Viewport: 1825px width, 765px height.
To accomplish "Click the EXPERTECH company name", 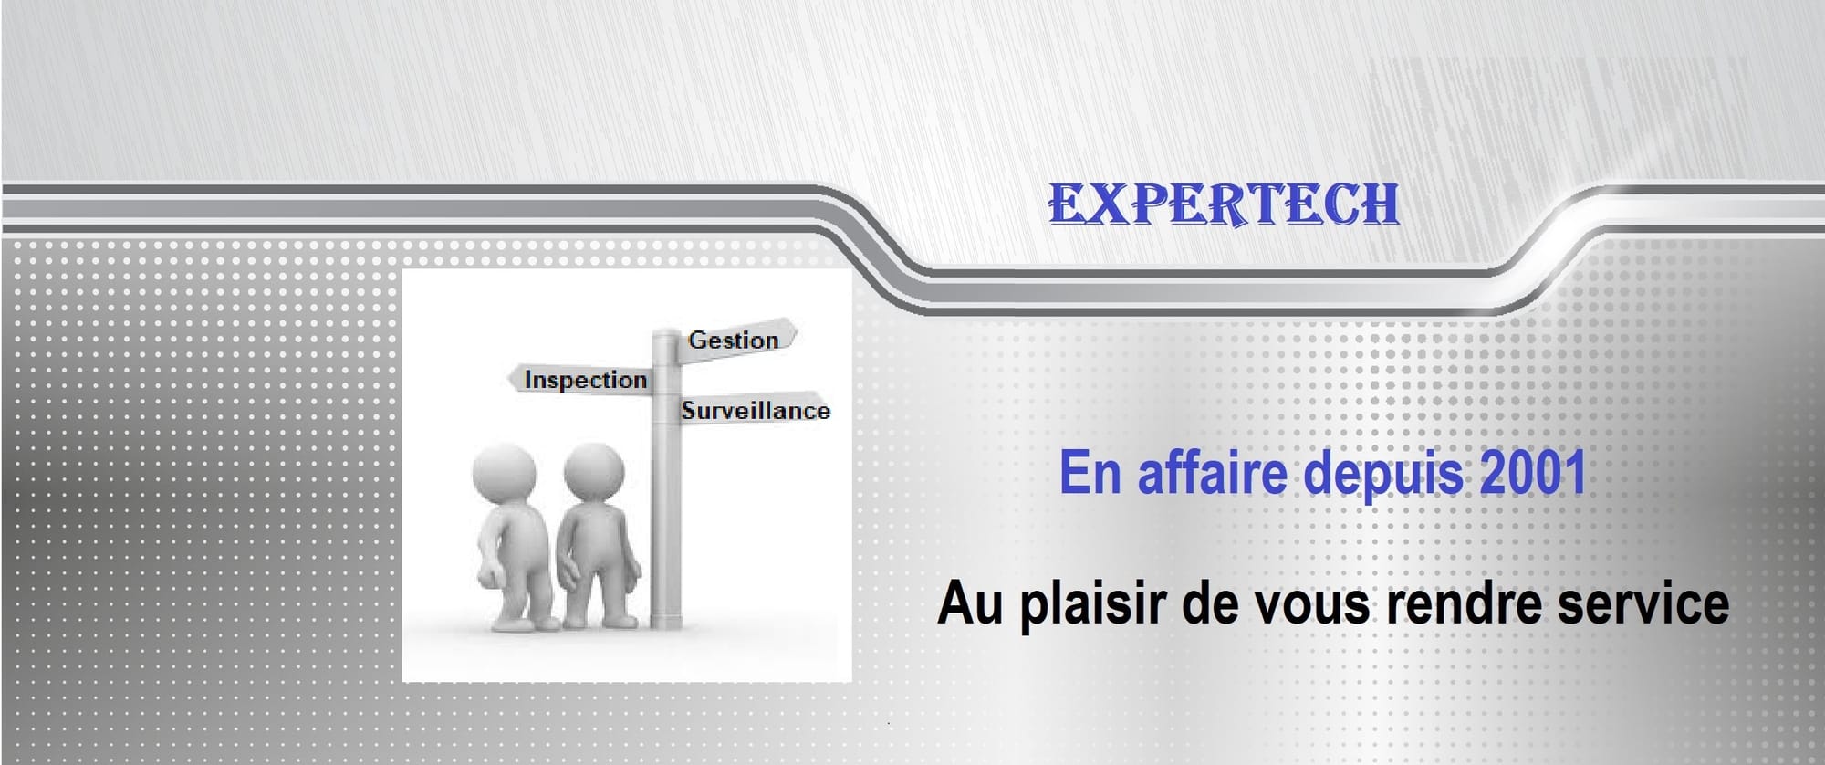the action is pos(1224,204).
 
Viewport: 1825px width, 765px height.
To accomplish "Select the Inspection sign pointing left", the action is pos(581,380).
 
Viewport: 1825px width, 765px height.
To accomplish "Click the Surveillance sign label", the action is pos(756,411).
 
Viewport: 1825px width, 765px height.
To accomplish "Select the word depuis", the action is pos(1383,476).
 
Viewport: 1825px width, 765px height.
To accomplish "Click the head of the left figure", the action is pos(504,475).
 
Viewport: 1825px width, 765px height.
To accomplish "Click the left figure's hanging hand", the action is pos(491,578).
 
